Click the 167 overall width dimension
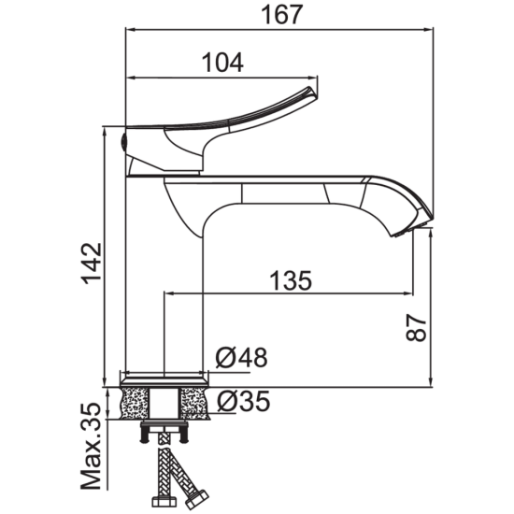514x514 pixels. point(281,15)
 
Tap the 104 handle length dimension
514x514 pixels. point(222,63)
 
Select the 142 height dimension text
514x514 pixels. point(92,264)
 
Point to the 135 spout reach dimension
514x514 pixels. point(291,280)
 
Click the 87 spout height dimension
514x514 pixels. point(416,328)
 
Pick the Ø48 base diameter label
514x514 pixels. point(242,357)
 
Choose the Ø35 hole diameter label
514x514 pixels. point(243,401)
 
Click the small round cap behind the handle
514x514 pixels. point(124,142)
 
